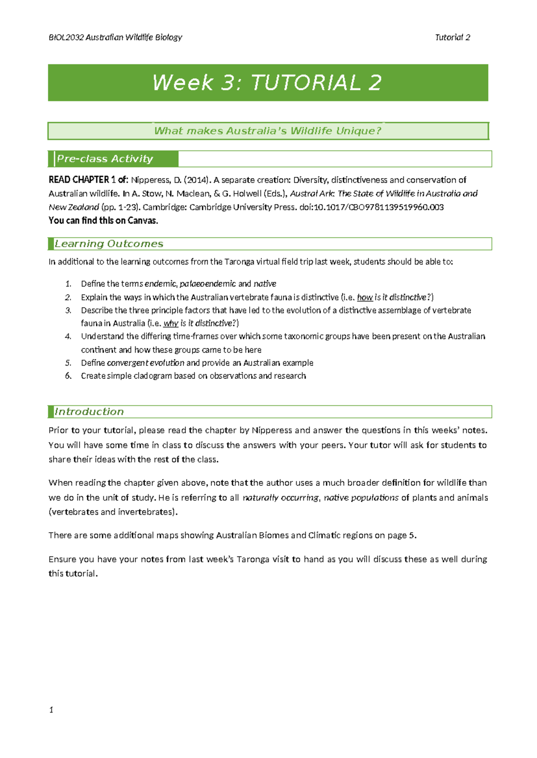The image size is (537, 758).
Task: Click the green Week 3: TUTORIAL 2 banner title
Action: pos(267,83)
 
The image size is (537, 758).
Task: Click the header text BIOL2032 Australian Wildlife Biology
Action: pos(115,38)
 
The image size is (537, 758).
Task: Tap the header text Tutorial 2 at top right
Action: pos(452,38)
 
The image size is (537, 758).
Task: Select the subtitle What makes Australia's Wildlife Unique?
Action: pos(267,131)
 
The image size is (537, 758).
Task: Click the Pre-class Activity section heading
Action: pos(105,159)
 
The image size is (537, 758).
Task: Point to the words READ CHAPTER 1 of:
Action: pos(88,180)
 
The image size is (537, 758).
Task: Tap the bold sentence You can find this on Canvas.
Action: pos(103,220)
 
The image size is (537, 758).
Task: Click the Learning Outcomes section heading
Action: pos(109,244)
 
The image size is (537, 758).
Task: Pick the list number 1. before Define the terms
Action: pos(68,284)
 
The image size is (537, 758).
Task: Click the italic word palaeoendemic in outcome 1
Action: pos(208,284)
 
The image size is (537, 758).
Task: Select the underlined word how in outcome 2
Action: pos(365,297)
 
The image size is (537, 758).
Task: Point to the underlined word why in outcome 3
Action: pos(170,323)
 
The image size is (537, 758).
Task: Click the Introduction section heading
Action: pos(89,412)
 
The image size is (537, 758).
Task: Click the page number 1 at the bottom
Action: pos(51,710)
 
